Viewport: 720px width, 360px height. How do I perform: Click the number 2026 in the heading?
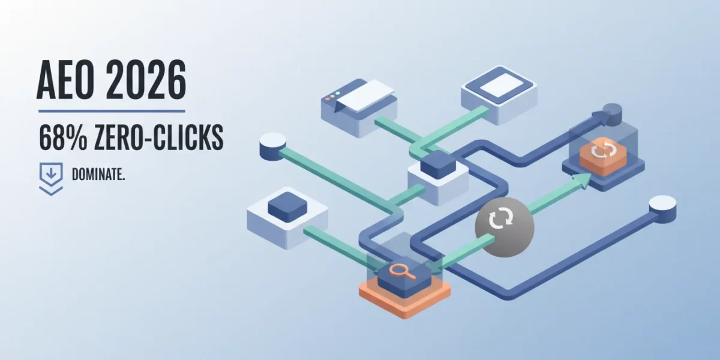tap(146, 79)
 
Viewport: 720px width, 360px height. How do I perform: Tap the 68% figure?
tap(63, 137)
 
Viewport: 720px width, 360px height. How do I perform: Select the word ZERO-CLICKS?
tap(159, 137)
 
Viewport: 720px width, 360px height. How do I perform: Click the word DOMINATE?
tap(98, 175)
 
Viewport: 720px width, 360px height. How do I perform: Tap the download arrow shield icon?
tap(51, 179)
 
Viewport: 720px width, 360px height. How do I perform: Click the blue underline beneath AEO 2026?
tap(112, 111)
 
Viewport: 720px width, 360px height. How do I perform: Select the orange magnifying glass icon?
tap(402, 272)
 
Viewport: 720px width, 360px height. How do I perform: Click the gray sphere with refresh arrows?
tap(505, 227)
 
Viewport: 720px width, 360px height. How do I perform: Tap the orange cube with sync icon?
tap(603, 157)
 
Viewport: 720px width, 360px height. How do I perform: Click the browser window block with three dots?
tap(359, 107)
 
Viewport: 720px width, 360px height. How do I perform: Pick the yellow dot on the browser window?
tap(332, 95)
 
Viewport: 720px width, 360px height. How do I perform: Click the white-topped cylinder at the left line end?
tap(272, 146)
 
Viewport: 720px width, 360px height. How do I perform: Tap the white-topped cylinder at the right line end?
tap(663, 209)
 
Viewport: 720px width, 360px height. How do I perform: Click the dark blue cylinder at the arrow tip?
tap(613, 115)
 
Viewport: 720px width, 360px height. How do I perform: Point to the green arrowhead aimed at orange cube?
tap(583, 181)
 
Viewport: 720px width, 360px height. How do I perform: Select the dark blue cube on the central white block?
tap(438, 164)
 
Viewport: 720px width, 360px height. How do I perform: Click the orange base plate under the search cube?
tap(404, 299)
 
